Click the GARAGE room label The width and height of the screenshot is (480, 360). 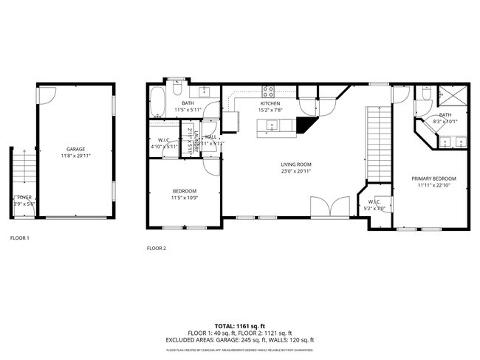pos(75,148)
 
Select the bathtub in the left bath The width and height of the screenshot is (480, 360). pos(157,103)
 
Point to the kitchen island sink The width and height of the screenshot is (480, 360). pos(270,126)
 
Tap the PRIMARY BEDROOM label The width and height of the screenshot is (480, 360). pos(433,179)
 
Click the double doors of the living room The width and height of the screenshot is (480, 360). pos(329,207)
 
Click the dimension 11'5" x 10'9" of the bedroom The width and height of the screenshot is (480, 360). pos(185,198)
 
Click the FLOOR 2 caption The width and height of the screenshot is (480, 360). pos(157,249)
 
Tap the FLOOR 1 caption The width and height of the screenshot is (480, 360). pos(20,238)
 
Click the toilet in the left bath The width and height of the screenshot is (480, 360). pos(178,91)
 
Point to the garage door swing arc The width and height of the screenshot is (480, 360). pos(47,94)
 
